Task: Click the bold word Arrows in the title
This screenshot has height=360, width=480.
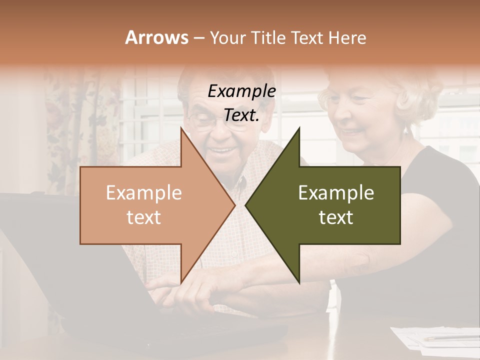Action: tap(156, 37)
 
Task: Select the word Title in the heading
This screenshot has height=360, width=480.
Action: tap(268, 37)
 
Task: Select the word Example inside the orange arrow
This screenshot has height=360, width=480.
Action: tap(144, 193)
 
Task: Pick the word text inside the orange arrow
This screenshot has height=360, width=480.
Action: tap(144, 217)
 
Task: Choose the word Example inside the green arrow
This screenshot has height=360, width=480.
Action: tap(336, 193)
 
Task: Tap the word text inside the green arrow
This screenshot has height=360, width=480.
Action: tap(336, 217)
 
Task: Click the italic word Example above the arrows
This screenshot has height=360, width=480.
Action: tap(242, 91)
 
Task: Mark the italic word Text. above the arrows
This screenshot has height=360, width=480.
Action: tap(242, 115)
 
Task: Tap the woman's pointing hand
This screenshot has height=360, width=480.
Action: tap(200, 290)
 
